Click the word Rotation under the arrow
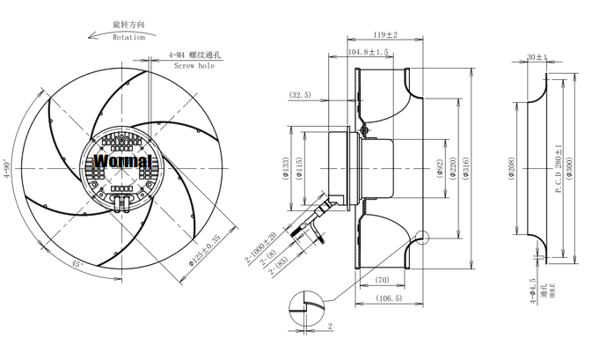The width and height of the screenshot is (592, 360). point(128,37)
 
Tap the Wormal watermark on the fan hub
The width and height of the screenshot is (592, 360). point(122,161)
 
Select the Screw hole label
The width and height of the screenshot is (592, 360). point(194,65)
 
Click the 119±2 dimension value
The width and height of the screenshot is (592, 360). point(385,34)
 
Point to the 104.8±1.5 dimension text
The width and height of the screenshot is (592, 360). point(368,52)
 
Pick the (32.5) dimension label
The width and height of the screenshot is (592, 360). point(300,95)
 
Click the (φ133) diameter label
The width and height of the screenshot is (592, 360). point(285,168)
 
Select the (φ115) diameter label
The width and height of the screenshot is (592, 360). point(299,168)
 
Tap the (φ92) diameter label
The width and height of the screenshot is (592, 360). point(439,168)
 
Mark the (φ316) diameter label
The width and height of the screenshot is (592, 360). point(466,168)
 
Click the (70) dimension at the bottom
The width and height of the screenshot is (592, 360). point(382,280)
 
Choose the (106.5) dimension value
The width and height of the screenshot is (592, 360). point(389,298)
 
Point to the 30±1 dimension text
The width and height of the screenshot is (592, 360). point(537,57)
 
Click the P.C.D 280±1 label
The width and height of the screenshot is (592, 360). point(559,168)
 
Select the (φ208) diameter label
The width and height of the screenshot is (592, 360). point(511,168)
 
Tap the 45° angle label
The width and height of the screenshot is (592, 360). point(77,264)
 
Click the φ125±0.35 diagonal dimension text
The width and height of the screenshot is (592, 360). point(204,251)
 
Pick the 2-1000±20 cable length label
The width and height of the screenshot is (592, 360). point(261,247)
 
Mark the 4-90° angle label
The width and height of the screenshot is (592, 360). point(7,168)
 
